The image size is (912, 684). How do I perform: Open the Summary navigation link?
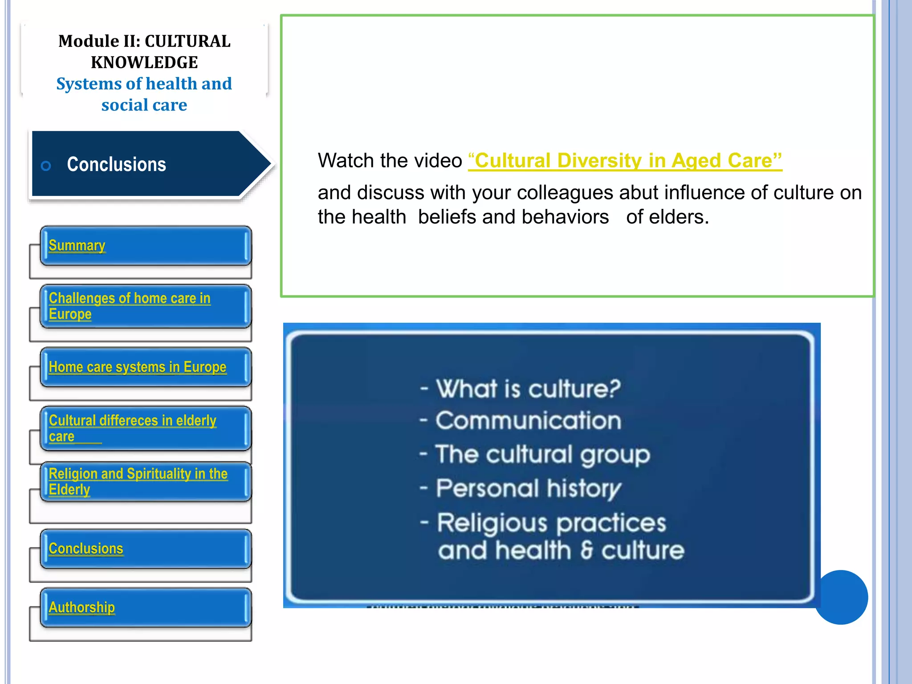tap(77, 245)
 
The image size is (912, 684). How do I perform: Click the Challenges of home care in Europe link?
tap(129, 305)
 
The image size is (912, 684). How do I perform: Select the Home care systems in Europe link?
tap(137, 367)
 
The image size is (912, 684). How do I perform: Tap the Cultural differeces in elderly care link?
tap(132, 427)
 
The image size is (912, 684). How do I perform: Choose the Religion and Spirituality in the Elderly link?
tap(138, 481)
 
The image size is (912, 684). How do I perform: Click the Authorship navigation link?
tap(81, 607)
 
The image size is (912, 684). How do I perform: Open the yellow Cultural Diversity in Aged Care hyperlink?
tap(625, 161)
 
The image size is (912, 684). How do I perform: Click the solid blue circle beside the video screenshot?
tap(841, 597)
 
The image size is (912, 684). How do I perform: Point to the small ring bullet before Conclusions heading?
tap(46, 166)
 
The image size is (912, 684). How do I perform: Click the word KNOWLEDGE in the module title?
tap(144, 62)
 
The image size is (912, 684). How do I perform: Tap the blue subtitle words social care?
tap(144, 105)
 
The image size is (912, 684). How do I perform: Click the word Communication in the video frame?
tap(528, 421)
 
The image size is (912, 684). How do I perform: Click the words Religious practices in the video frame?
tap(551, 523)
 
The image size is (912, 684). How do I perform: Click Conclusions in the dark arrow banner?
tap(116, 164)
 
